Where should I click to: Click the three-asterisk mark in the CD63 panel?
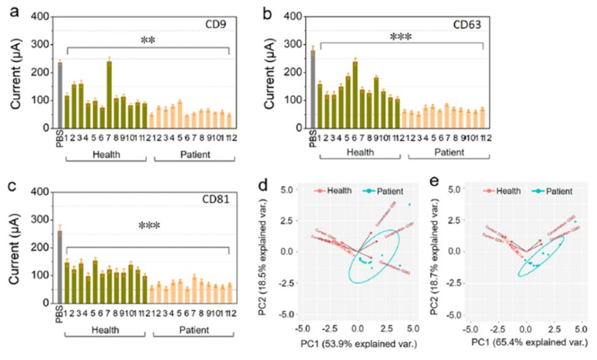pos(400,37)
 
